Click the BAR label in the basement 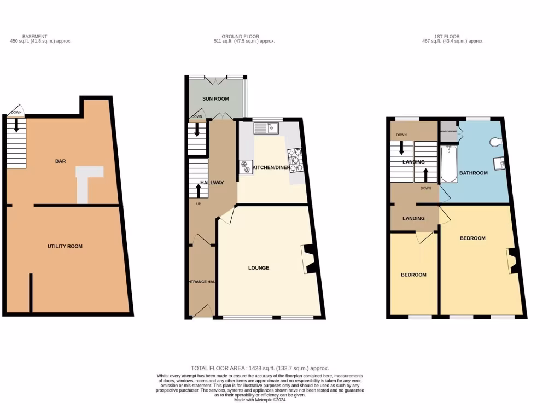[60, 161]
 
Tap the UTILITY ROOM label [65, 246]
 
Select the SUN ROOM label [215, 98]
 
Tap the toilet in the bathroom [496, 142]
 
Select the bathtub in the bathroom [448, 164]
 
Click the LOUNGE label [259, 268]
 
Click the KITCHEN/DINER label [271, 167]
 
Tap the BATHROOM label [473, 173]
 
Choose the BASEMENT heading [34, 36]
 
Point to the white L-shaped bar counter [86, 180]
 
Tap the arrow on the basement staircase [16, 126]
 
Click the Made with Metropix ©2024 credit [260, 400]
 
